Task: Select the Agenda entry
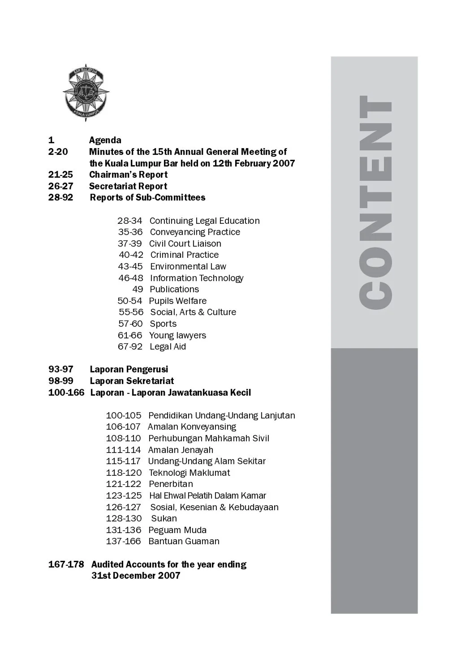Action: click(x=105, y=140)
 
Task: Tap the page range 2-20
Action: click(x=58, y=152)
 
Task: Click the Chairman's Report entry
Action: click(x=128, y=175)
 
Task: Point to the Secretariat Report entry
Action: click(x=128, y=186)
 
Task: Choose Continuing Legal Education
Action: click(x=204, y=221)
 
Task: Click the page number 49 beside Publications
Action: click(x=138, y=289)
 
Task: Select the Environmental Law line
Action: click(x=188, y=266)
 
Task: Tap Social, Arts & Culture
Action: click(x=193, y=312)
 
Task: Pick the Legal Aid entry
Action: click(x=168, y=346)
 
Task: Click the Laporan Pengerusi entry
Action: click(x=129, y=369)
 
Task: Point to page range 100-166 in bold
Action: click(x=66, y=393)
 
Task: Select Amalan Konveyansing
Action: click(x=192, y=427)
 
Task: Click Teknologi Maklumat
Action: click(x=189, y=473)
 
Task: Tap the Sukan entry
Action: click(x=164, y=518)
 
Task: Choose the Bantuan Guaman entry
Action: click(x=184, y=541)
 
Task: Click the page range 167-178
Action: click(x=66, y=564)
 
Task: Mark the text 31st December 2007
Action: click(x=136, y=576)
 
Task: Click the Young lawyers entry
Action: click(x=177, y=335)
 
